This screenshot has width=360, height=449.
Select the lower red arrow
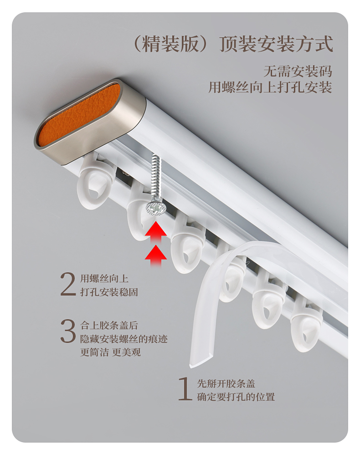coord(155,255)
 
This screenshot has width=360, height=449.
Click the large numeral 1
coord(185,389)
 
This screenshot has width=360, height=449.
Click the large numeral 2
coord(68,285)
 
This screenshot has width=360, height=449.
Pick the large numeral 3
coord(68,331)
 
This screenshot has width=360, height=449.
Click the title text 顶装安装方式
coord(277,44)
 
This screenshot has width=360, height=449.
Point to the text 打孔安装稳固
coord(109,292)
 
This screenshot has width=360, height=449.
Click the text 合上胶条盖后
coord(109,325)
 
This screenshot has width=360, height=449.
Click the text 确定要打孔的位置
coord(236,397)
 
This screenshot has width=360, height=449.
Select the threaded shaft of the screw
coord(156,175)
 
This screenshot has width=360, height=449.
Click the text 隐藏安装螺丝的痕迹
coord(127,339)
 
